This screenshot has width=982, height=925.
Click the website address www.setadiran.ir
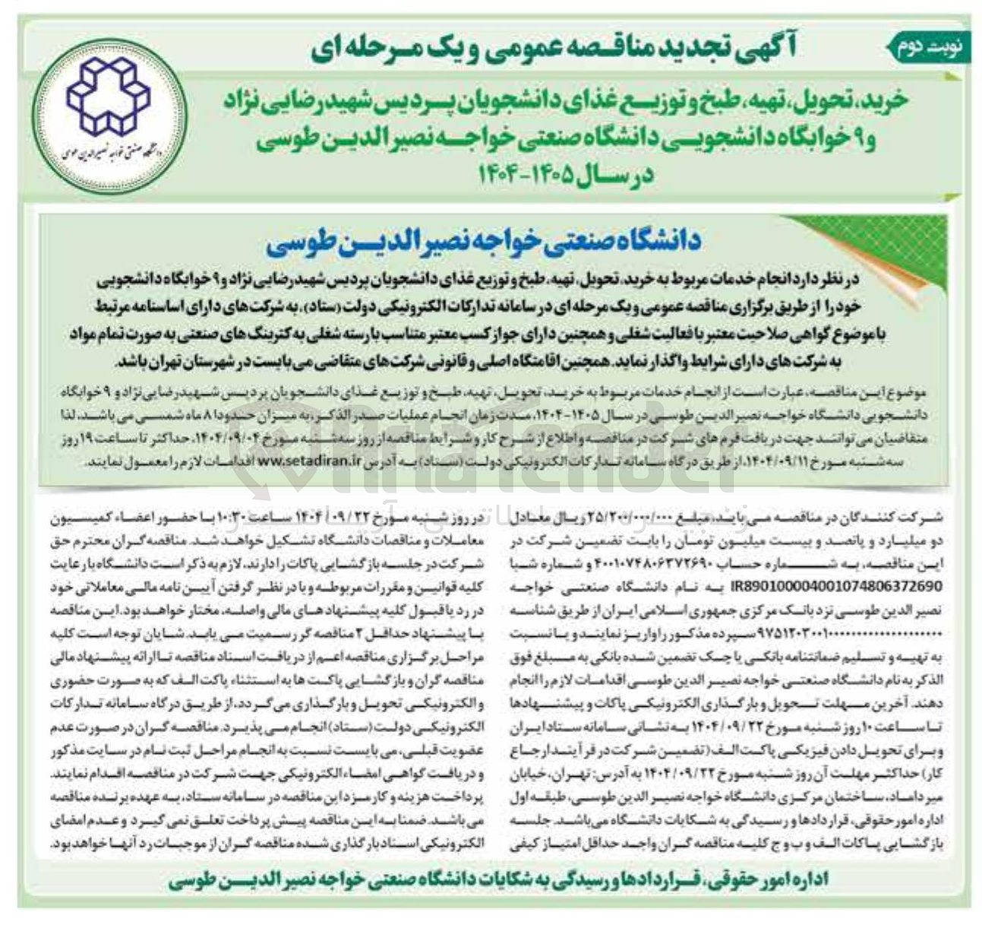pyautogui.click(x=311, y=461)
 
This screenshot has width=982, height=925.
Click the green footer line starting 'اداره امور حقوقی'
pyautogui.click(x=494, y=879)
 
